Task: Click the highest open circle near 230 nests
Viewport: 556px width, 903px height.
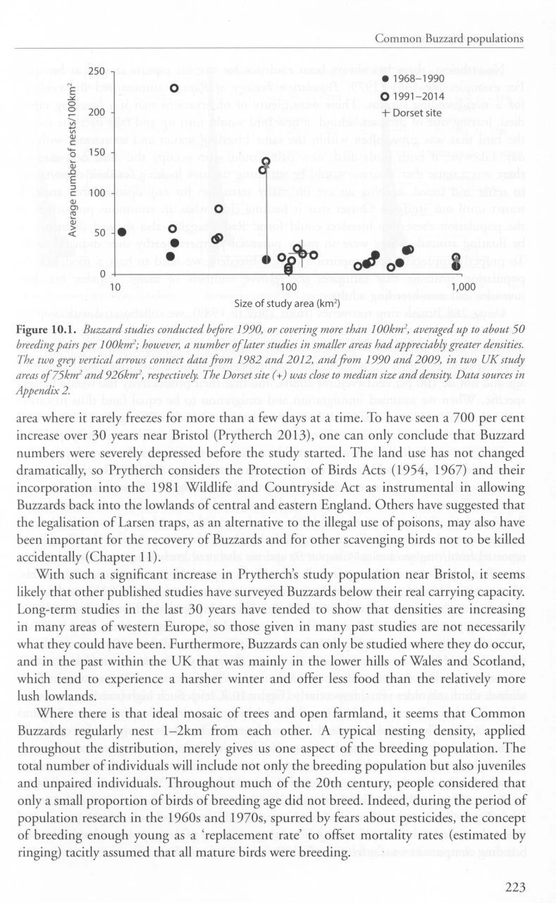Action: (174, 88)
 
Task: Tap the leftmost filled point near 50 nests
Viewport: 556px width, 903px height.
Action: (122, 232)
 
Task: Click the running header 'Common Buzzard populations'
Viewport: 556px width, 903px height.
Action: (449, 37)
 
